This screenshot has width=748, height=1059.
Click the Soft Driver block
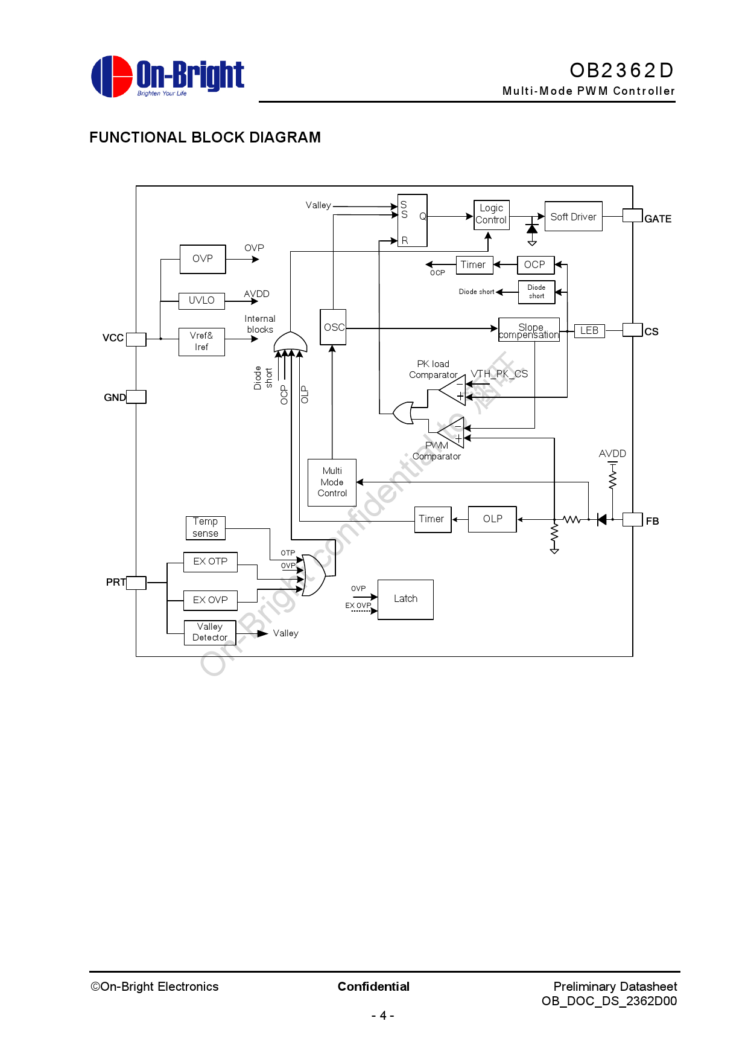tap(573, 216)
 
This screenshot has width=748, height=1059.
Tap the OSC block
tap(333, 327)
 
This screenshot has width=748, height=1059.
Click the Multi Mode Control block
tap(332, 482)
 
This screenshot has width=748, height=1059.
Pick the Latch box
tap(405, 599)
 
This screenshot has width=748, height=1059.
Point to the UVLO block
tap(201, 300)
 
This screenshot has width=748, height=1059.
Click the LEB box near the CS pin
tap(589, 330)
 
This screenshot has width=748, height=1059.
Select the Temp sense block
tap(205, 527)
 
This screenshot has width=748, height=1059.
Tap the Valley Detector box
tap(209, 632)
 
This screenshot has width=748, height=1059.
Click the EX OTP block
tap(210, 561)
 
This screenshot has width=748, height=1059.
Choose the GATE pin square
tap(632, 216)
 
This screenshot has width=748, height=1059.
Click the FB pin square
tap(632, 519)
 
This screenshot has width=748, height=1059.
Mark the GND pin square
tap(136, 397)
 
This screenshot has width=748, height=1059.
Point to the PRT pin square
tap(136, 583)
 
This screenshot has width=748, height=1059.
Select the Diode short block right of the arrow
tap(536, 292)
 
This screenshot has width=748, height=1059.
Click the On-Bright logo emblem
tap(112, 77)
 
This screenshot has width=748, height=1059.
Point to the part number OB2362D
tap(621, 71)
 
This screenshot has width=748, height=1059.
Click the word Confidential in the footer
tap(373, 987)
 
